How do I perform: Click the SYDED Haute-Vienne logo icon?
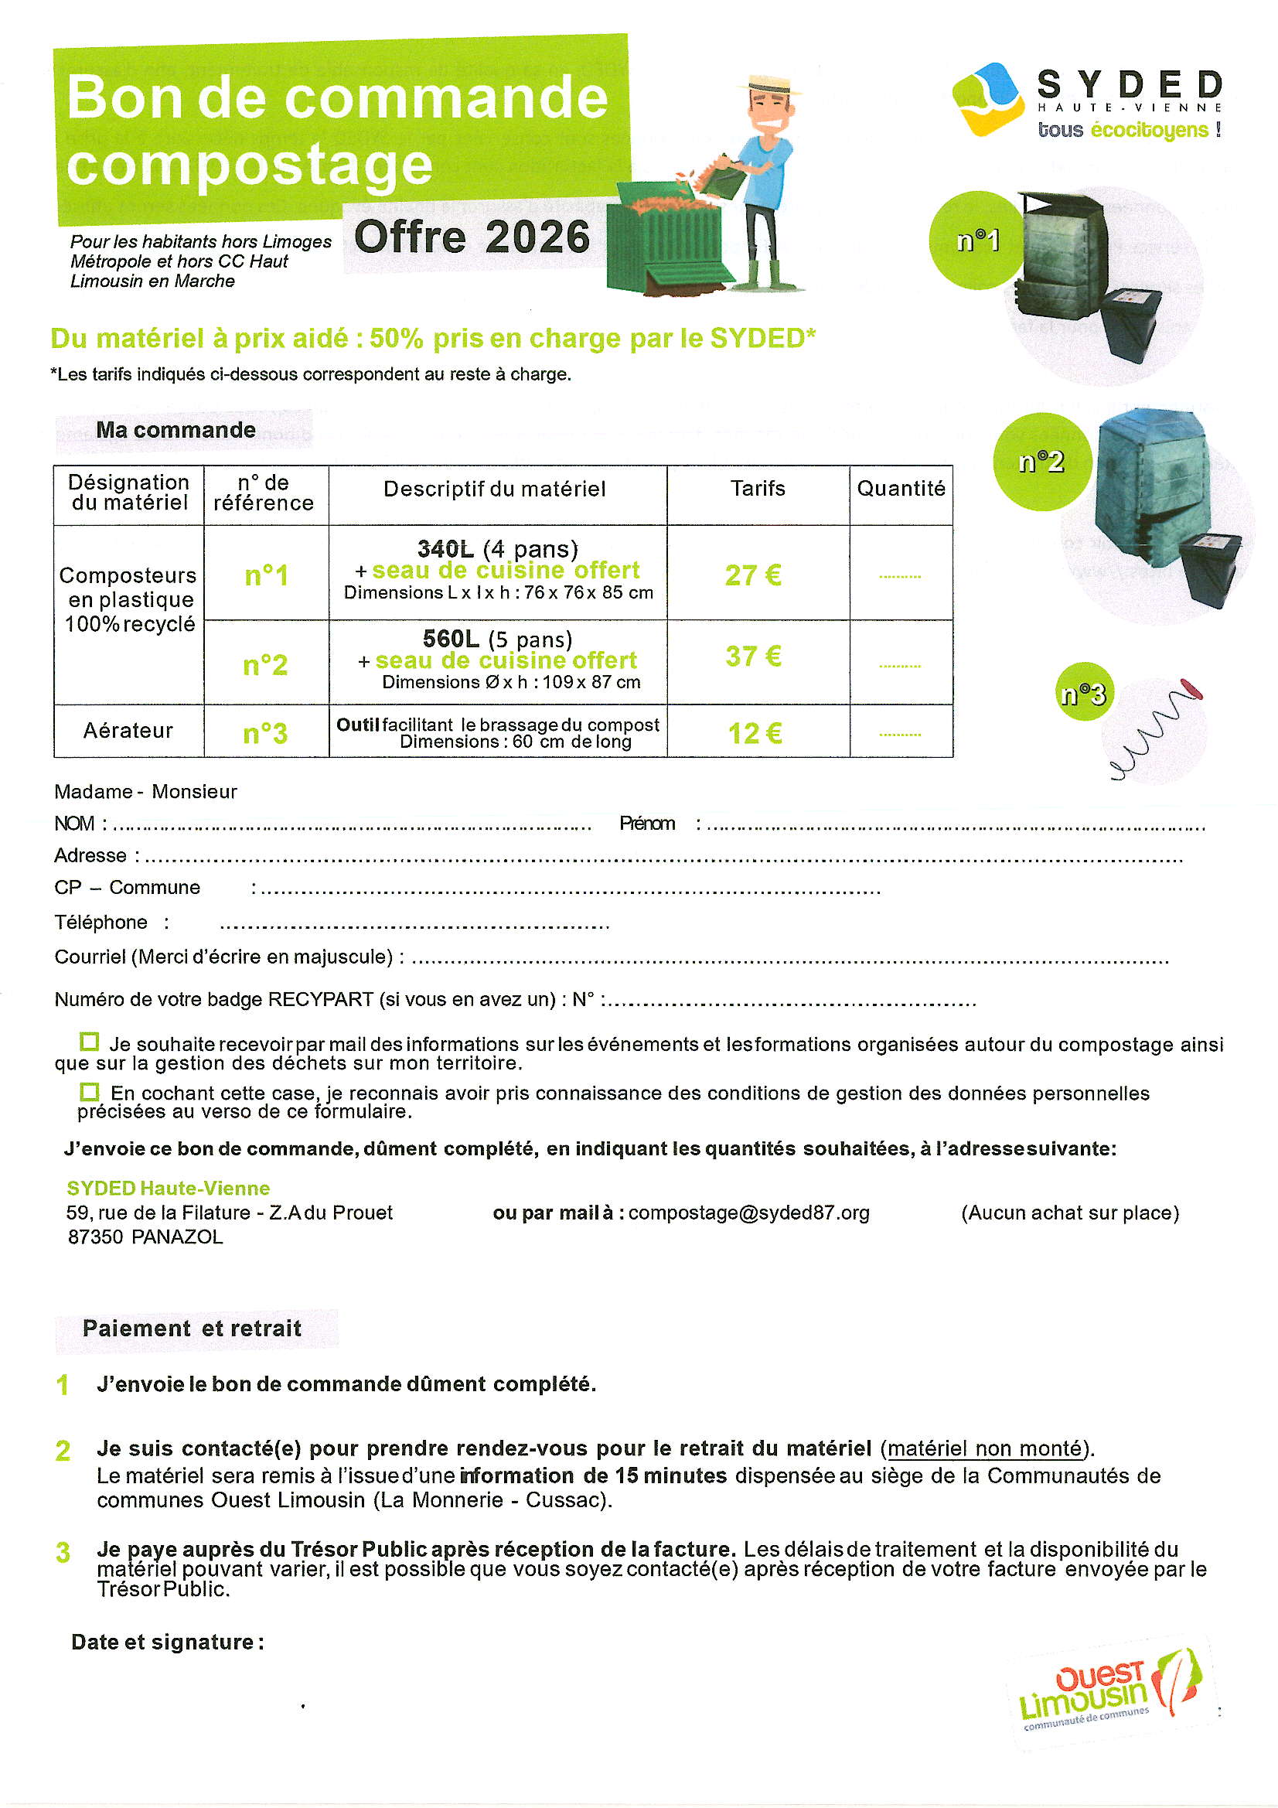[990, 100]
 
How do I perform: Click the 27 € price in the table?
[753, 575]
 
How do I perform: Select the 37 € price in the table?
[753, 657]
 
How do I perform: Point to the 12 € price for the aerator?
[755, 734]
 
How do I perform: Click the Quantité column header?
[901, 489]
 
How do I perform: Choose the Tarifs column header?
[758, 489]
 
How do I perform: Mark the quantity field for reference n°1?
[900, 576]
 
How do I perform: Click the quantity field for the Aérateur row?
[900, 734]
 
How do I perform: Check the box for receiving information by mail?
[90, 1042]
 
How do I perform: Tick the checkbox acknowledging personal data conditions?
[90, 1092]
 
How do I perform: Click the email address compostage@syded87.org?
[749, 1213]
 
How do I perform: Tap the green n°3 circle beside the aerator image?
[1084, 692]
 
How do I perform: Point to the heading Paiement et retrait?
[193, 1329]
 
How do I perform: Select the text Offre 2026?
[472, 237]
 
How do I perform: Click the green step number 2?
[63, 1451]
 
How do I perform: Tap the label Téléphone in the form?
[101, 922]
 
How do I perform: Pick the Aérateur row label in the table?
[128, 731]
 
